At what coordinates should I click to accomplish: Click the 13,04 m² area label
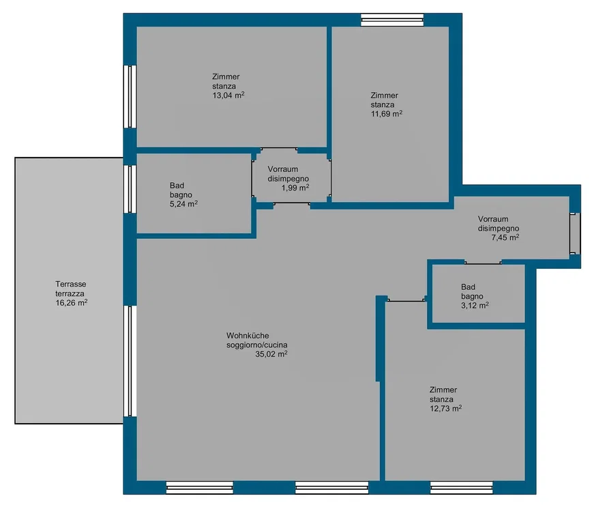pyautogui.click(x=228, y=95)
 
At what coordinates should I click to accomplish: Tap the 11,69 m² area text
pyautogui.click(x=387, y=114)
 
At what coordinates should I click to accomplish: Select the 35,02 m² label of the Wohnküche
pyautogui.click(x=271, y=354)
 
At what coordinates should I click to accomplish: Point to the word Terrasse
pyautogui.click(x=71, y=284)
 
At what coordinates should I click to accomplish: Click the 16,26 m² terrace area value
pyautogui.click(x=72, y=303)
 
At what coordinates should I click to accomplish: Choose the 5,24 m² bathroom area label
pyautogui.click(x=183, y=204)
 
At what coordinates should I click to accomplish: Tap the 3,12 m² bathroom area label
pyautogui.click(x=475, y=306)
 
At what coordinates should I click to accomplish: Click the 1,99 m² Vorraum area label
pyautogui.click(x=295, y=188)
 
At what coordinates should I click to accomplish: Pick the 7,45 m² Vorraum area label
pyautogui.click(x=505, y=237)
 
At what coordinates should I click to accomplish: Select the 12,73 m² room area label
pyautogui.click(x=445, y=409)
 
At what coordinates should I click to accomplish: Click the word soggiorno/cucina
pyautogui.click(x=257, y=345)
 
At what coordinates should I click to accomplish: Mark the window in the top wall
pyautogui.click(x=392, y=20)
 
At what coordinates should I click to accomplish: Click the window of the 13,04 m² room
pyautogui.click(x=130, y=97)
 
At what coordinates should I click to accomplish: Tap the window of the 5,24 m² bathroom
pyautogui.click(x=130, y=189)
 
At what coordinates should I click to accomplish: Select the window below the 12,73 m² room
pyautogui.click(x=462, y=487)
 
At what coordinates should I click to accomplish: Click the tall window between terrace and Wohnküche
pyautogui.click(x=130, y=361)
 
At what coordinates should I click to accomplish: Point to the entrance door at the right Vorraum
pyautogui.click(x=575, y=233)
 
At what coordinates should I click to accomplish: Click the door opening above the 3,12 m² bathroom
pyautogui.click(x=483, y=262)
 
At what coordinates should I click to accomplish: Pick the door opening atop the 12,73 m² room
pyautogui.click(x=406, y=300)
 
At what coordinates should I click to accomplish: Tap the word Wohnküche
pyautogui.click(x=248, y=336)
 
